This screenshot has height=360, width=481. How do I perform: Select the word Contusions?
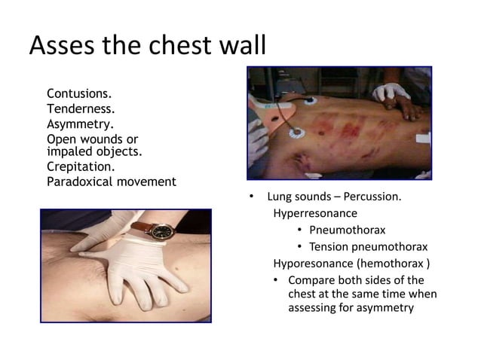pos(79,95)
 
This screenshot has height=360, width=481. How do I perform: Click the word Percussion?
pos(372,198)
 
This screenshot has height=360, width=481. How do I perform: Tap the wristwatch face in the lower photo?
pos(160,232)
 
